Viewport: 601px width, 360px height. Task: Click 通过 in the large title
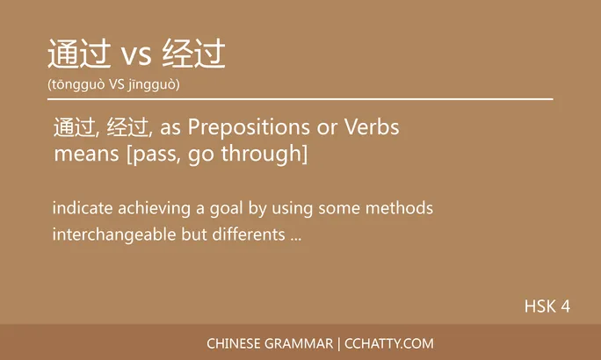click(79, 54)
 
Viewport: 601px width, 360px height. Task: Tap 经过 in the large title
click(194, 54)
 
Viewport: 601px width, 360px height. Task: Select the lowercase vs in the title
click(136, 56)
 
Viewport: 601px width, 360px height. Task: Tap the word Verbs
click(371, 128)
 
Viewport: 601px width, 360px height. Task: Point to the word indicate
click(81, 209)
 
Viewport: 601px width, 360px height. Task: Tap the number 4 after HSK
click(566, 306)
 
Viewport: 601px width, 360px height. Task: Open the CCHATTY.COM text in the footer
click(390, 343)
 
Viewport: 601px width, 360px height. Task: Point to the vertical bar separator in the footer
click(339, 343)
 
